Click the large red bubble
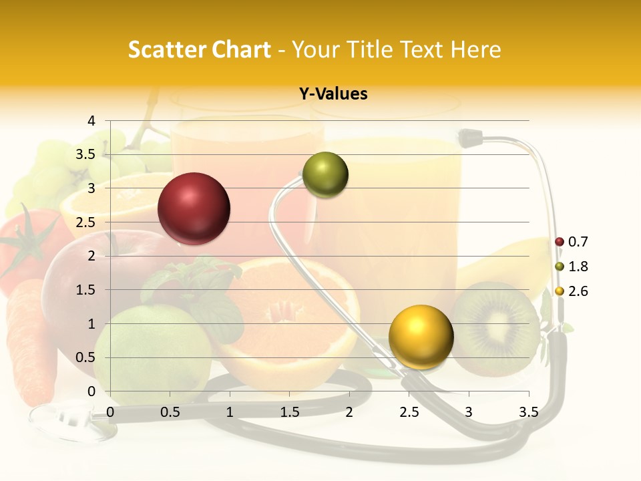194,208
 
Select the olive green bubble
325,175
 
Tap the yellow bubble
421,337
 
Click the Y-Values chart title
333,94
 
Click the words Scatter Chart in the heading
200,49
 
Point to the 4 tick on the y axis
91,121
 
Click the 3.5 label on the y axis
85,155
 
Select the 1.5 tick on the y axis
85,290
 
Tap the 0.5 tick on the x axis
170,413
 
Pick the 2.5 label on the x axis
409,413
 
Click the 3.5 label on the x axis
528,413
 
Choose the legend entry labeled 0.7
572,242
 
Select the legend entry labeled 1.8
572,267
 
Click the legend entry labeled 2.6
572,291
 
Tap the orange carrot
30,341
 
